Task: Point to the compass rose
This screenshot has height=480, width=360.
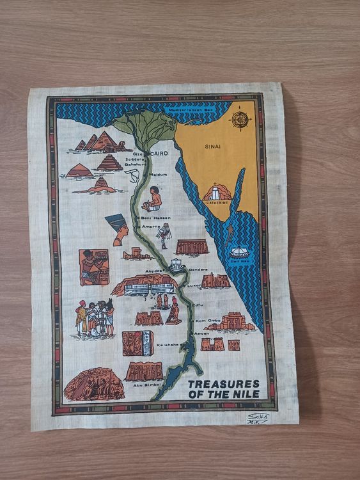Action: pyautogui.click(x=241, y=120)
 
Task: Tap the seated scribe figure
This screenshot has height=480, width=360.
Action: pyautogui.click(x=153, y=199)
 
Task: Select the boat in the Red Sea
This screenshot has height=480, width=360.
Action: pyautogui.click(x=239, y=252)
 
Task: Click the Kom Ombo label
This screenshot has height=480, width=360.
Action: pyautogui.click(x=207, y=319)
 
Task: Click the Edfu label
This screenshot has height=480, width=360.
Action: pyautogui.click(x=197, y=304)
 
